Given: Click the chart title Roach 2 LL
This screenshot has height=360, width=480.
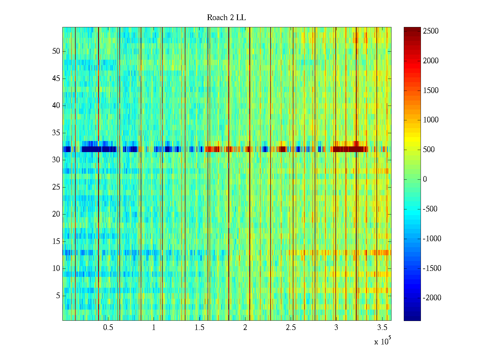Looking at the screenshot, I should pyautogui.click(x=226, y=18).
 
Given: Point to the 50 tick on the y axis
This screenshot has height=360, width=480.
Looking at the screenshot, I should pyautogui.click(x=56, y=51).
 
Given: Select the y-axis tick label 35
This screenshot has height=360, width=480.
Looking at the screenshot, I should pyautogui.click(x=56, y=133).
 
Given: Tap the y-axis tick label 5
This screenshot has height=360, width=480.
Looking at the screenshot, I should pyautogui.click(x=58, y=296).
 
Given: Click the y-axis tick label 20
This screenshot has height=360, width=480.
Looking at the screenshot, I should pyautogui.click(x=56, y=214).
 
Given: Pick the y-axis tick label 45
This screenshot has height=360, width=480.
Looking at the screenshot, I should pyautogui.click(x=56, y=79).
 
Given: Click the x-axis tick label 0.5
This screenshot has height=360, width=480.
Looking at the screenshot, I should pyautogui.click(x=108, y=328).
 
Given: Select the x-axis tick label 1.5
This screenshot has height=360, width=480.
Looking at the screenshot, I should pyautogui.click(x=199, y=328).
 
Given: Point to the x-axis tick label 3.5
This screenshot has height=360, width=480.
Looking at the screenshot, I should pyautogui.click(x=382, y=328).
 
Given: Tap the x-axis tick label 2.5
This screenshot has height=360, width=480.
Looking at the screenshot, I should pyautogui.click(x=291, y=328).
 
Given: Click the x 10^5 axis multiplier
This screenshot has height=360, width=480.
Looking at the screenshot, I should pyautogui.click(x=382, y=341).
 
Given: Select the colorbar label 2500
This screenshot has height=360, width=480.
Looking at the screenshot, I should pyautogui.click(x=431, y=31).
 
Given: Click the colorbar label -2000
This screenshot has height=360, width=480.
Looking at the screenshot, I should pyautogui.click(x=432, y=298).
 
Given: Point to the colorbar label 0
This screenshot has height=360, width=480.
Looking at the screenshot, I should pyautogui.click(x=425, y=179).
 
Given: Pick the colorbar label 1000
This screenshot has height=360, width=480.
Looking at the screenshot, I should pyautogui.click(x=431, y=120).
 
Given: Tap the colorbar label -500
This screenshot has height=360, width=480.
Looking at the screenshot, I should pyautogui.click(x=430, y=209).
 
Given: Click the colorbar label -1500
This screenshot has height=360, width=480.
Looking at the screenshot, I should pyautogui.click(x=432, y=268).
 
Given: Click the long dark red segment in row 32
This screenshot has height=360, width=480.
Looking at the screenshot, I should pyautogui.click(x=349, y=149).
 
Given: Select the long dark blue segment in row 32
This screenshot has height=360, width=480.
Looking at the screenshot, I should pyautogui.click(x=99, y=149).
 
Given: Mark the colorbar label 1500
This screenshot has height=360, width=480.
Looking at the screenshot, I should pyautogui.click(x=431, y=91).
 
